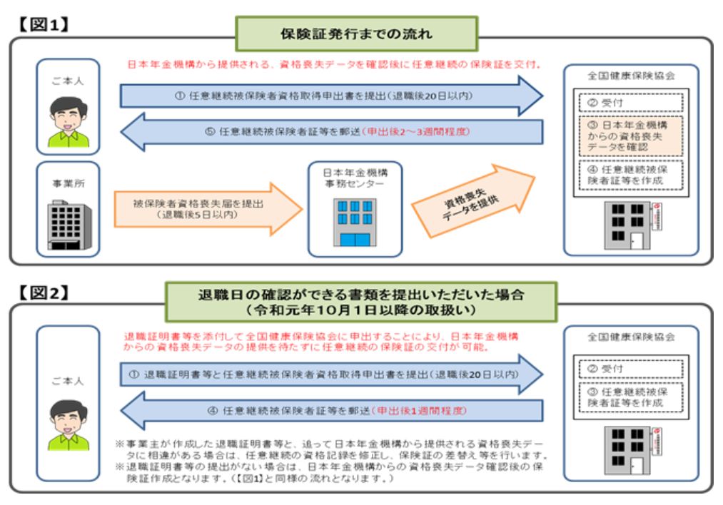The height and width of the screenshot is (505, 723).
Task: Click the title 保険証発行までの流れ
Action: click(357, 34)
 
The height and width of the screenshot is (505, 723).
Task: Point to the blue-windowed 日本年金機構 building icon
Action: click(355, 222)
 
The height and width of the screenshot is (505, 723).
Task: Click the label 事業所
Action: click(68, 183)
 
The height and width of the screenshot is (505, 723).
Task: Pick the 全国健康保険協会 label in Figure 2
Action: click(630, 337)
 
